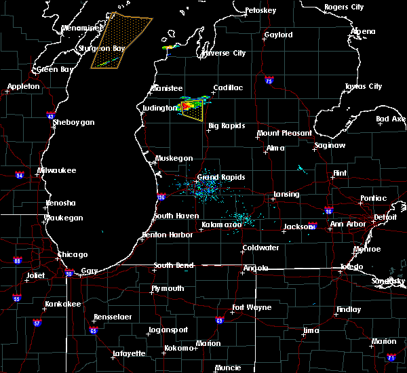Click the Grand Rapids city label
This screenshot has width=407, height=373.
tap(216, 177)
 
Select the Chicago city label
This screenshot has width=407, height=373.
tap(73, 255)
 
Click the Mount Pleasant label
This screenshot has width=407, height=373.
tap(284, 134)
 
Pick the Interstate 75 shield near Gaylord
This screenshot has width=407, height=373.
tap(270, 80)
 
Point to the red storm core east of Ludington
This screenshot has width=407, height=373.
tap(185, 106)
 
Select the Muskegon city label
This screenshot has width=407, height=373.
tap(174, 158)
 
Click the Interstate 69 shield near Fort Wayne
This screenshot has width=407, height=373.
tap(219, 320)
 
